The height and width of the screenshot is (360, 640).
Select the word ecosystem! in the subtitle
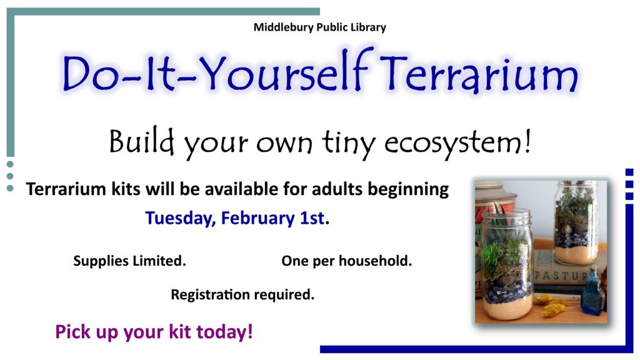pyautogui.click(x=457, y=143)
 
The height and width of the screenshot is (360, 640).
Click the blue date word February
pyautogui.click(x=257, y=218)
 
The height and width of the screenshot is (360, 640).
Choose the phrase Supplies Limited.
pyautogui.click(x=130, y=261)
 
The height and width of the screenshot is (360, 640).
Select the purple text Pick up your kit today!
pyautogui.click(x=154, y=332)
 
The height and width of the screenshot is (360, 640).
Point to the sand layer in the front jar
pyautogui.click(x=507, y=306)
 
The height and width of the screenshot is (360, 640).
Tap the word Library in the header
pyautogui.click(x=368, y=27)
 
